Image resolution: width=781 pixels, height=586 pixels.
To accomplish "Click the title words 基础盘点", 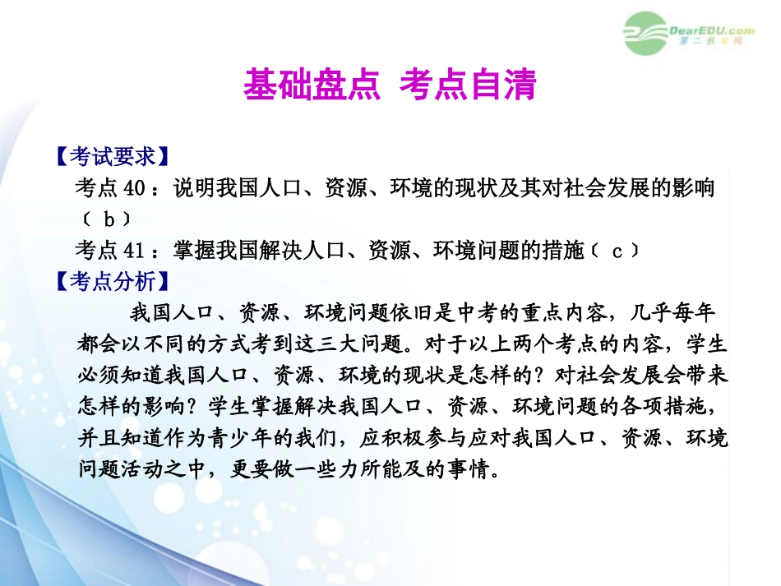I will point(311,84).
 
